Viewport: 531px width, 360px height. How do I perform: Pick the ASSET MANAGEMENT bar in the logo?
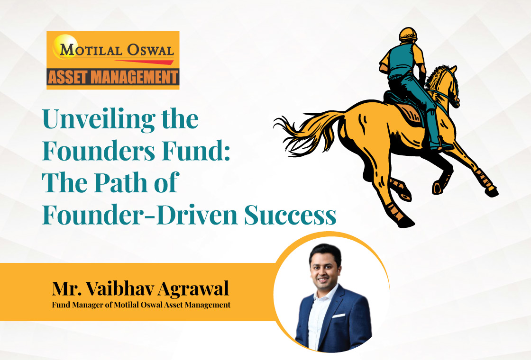[113, 77]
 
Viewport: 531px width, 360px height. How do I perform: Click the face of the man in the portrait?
[325, 266]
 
